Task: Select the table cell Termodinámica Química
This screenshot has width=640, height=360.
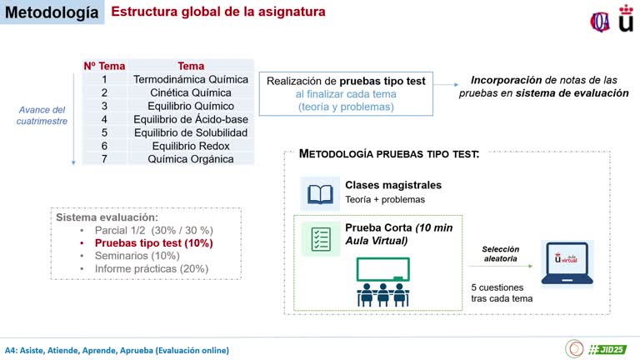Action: click(x=191, y=80)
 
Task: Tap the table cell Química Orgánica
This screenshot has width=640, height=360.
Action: click(x=191, y=158)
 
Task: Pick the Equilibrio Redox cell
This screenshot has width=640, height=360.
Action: click(x=191, y=146)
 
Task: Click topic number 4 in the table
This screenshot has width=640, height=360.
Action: click(x=104, y=119)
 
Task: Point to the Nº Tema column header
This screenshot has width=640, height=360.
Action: click(x=104, y=66)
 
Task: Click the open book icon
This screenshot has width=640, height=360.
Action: click(x=320, y=193)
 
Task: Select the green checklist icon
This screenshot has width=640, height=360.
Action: click(x=320, y=237)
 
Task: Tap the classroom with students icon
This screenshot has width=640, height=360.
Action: click(x=382, y=282)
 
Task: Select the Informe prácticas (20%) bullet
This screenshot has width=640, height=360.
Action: click(x=151, y=268)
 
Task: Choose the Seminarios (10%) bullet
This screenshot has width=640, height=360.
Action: click(x=137, y=255)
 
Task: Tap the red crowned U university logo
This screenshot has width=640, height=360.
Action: click(x=625, y=17)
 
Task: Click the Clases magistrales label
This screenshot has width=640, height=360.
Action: click(x=393, y=185)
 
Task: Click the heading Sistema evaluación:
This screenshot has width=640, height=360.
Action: click(x=107, y=217)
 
